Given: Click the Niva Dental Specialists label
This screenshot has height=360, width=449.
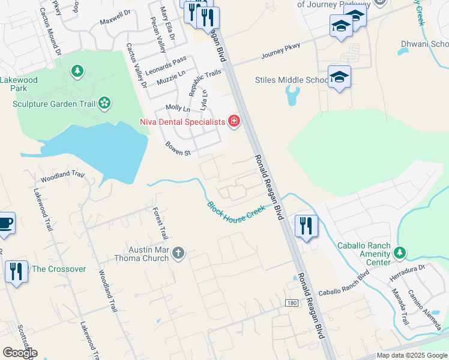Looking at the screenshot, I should tap(181, 122).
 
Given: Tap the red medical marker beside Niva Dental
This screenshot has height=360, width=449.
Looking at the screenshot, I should tap(234, 122).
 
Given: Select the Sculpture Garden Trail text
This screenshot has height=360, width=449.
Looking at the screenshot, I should tap(54, 104).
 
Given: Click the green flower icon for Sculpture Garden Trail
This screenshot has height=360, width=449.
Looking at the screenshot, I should tap(104, 103).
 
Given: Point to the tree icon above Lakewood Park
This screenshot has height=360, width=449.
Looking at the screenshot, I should tap(77, 72).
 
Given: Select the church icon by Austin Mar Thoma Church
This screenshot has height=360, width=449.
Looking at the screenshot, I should tap(178, 254).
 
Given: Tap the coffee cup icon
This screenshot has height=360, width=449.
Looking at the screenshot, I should tap(5, 223).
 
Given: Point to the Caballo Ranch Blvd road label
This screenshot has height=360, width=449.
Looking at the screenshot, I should tap(343, 284).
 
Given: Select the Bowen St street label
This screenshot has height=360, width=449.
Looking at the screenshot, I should tap(178, 149).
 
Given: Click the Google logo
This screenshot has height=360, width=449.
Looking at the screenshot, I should tap(20, 353).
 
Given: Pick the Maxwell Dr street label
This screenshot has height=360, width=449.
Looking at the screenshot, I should tap(115, 17).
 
